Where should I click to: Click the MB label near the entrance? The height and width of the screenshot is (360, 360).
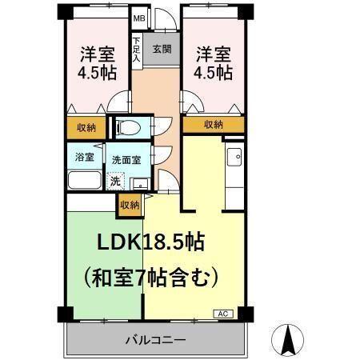[138, 18]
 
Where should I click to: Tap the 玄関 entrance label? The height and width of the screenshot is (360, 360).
[162, 49]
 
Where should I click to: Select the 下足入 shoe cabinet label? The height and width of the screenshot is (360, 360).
[137, 50]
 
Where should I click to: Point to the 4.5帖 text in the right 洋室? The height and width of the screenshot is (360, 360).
[213, 72]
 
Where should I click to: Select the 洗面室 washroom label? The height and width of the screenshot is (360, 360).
[126, 159]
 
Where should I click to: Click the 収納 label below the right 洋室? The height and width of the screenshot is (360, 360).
[213, 125]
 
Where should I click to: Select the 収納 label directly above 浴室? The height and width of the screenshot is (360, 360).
[86, 127]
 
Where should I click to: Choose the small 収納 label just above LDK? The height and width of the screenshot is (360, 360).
[130, 206]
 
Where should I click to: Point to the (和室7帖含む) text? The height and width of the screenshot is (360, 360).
[150, 278]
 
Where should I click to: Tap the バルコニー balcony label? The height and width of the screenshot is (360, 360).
[155, 340]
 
